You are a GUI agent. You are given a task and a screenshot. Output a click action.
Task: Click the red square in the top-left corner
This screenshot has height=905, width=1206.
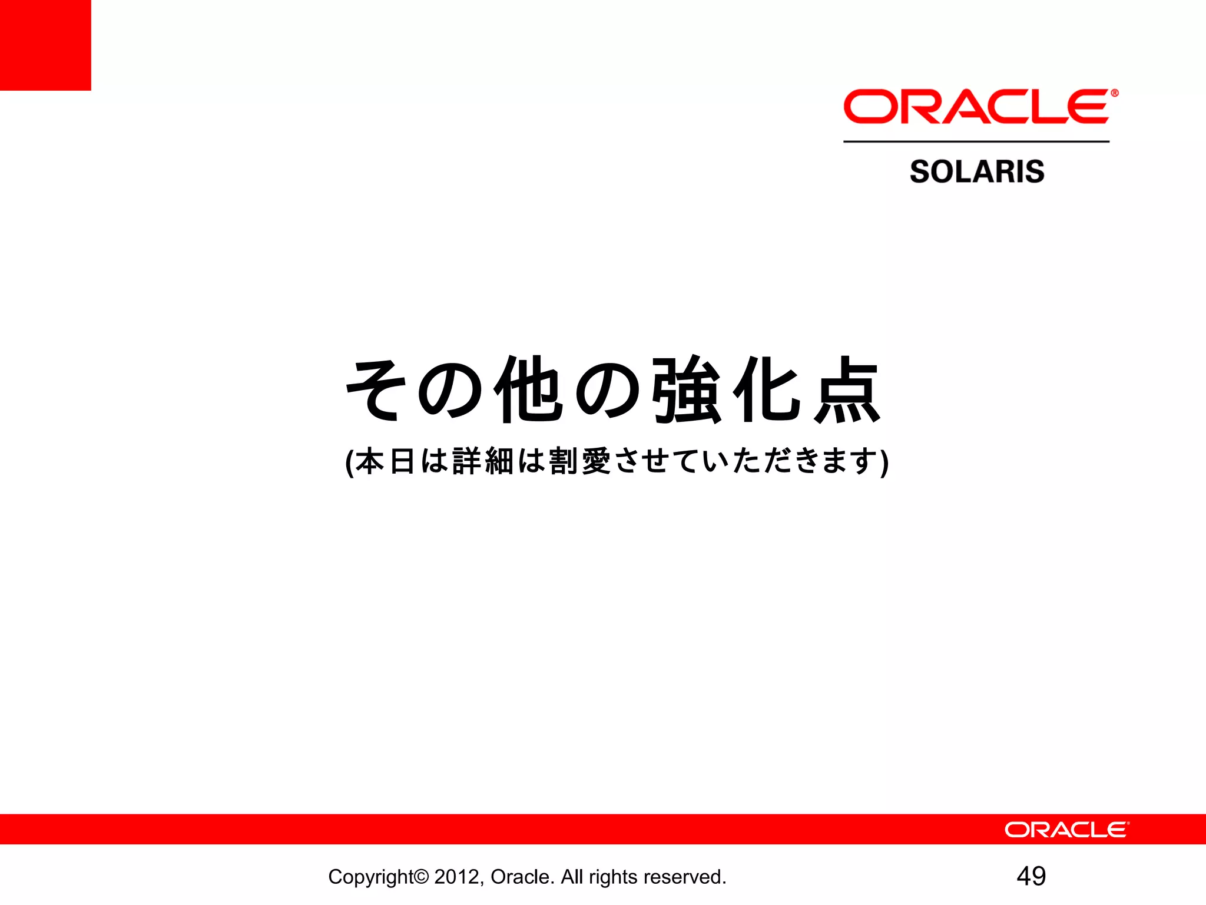(x=45, y=45)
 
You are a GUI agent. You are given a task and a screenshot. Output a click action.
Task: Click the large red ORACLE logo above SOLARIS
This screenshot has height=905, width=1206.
(x=976, y=107)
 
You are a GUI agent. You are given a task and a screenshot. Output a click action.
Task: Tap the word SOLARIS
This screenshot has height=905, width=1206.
(x=977, y=171)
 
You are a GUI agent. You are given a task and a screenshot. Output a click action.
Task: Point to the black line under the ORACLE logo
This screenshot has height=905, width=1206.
(x=976, y=141)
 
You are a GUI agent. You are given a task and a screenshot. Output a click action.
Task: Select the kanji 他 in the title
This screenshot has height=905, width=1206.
(x=528, y=390)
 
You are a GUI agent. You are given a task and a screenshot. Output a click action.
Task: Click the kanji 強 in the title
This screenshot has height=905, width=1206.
(x=687, y=390)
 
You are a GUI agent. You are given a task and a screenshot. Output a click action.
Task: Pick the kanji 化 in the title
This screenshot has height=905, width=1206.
(x=767, y=390)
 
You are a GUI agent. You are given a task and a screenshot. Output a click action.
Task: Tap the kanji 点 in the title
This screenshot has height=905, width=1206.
(x=847, y=390)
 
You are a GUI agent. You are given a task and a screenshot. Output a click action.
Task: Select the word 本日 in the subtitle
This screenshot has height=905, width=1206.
(x=386, y=461)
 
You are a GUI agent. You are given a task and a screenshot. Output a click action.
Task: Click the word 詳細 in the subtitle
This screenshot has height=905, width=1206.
(x=483, y=461)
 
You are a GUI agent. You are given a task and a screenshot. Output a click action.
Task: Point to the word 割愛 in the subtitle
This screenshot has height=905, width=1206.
(x=579, y=461)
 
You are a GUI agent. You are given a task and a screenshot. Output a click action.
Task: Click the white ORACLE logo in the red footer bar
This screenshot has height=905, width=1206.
(x=1066, y=830)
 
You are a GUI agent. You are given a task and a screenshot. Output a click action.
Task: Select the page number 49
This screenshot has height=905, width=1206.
(x=1031, y=876)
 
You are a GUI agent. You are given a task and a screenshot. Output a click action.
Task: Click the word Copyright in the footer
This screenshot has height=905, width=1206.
(x=372, y=877)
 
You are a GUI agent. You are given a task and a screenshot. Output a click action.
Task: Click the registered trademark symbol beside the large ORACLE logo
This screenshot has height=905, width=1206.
(x=1114, y=93)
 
